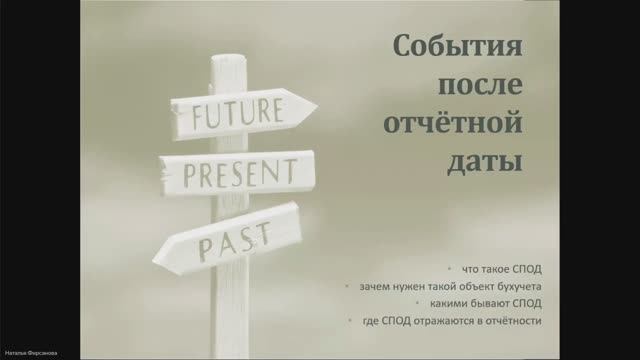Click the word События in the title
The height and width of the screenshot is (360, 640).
(x=458, y=48)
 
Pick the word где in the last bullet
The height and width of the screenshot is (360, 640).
(x=371, y=321)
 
